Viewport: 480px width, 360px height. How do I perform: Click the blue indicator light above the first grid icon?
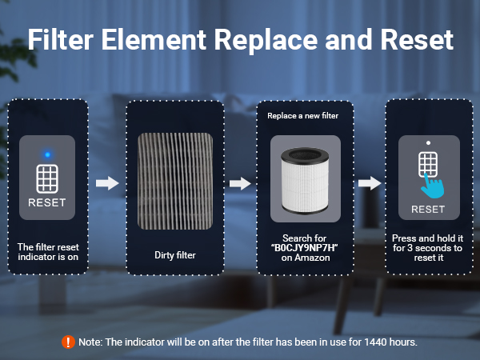click(x=48, y=154)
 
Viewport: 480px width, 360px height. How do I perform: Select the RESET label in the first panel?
click(x=48, y=202)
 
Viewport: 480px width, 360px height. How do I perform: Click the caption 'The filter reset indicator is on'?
click(x=48, y=251)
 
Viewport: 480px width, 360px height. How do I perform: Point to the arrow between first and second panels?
click(x=106, y=183)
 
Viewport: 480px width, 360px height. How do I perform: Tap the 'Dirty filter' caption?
click(x=175, y=256)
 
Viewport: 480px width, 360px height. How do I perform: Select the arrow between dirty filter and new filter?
click(x=240, y=183)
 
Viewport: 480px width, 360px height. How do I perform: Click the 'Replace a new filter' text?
click(x=302, y=116)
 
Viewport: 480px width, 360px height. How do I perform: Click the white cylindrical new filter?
click(x=302, y=186)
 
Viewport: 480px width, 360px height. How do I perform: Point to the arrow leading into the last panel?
click(x=369, y=183)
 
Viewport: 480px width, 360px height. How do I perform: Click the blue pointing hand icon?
click(x=433, y=185)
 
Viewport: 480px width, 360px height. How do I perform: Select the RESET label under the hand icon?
click(x=428, y=210)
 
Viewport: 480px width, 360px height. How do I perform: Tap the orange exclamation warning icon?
click(x=69, y=342)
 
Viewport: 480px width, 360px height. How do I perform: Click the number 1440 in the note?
click(x=365, y=342)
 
